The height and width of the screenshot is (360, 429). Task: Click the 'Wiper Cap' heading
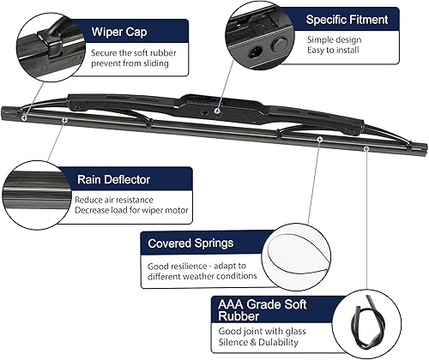121,33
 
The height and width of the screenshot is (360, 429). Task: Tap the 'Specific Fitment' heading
347,19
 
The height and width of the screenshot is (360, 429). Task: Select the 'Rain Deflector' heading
112,180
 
